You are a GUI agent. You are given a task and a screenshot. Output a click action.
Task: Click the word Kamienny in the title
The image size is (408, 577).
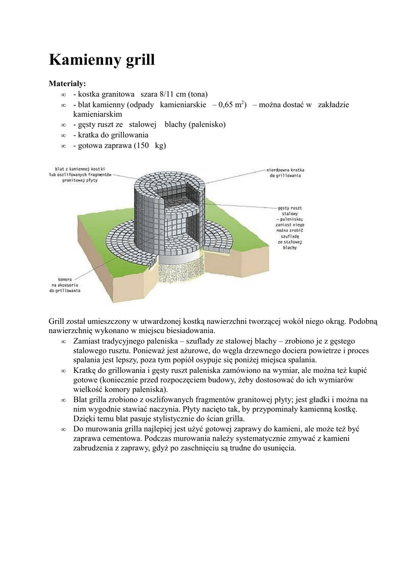pyautogui.click(x=82, y=60)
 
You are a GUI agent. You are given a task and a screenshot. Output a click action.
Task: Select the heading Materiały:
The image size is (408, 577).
pyautogui.click(x=68, y=83)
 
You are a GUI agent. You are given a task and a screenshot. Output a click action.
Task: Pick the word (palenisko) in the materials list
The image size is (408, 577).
pyautogui.click(x=207, y=125)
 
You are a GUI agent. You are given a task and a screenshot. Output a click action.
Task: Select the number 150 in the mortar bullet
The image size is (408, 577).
pyautogui.click(x=143, y=145)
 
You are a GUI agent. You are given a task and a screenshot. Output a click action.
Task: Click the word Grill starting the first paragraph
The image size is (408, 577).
pyautogui.click(x=57, y=321)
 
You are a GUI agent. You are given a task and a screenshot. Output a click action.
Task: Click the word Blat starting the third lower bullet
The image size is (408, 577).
pyautogui.click(x=81, y=400)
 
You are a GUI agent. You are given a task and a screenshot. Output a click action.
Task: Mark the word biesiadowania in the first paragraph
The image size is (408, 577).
pyautogui.click(x=188, y=331)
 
